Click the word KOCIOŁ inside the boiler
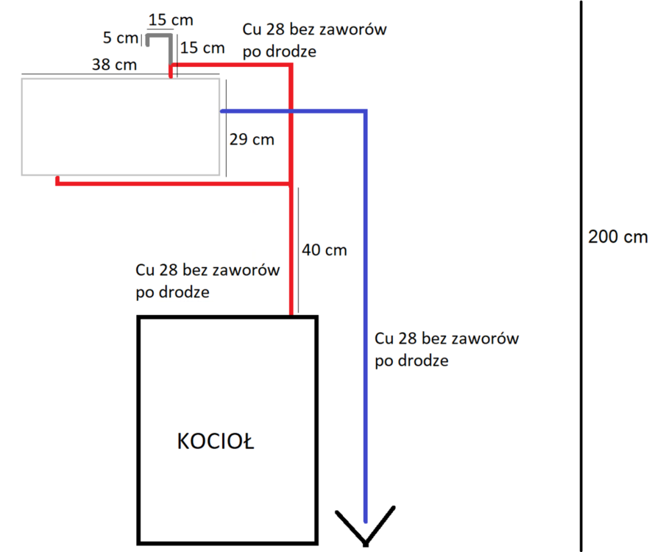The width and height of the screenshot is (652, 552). coord(216,441)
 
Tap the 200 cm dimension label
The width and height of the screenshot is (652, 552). coord(618,237)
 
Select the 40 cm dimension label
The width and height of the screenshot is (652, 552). coord(325,250)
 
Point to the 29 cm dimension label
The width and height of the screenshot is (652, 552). coord(252,138)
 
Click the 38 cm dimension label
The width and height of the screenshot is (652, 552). coord(114,65)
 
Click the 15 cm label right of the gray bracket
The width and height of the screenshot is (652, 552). coord(202,49)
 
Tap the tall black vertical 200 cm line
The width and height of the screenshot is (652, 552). coord(582,276)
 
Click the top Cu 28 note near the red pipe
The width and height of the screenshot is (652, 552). coord(314,40)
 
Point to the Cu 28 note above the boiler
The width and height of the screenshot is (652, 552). coord(208,280)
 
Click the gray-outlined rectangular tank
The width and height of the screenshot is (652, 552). coord(121,127)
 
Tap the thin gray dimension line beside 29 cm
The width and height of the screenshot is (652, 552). coord(226,129)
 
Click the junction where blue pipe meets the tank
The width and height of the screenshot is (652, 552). coord(221,111)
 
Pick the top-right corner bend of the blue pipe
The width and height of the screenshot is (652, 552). coord(365,112)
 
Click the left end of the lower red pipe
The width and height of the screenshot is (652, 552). coord(57,182)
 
